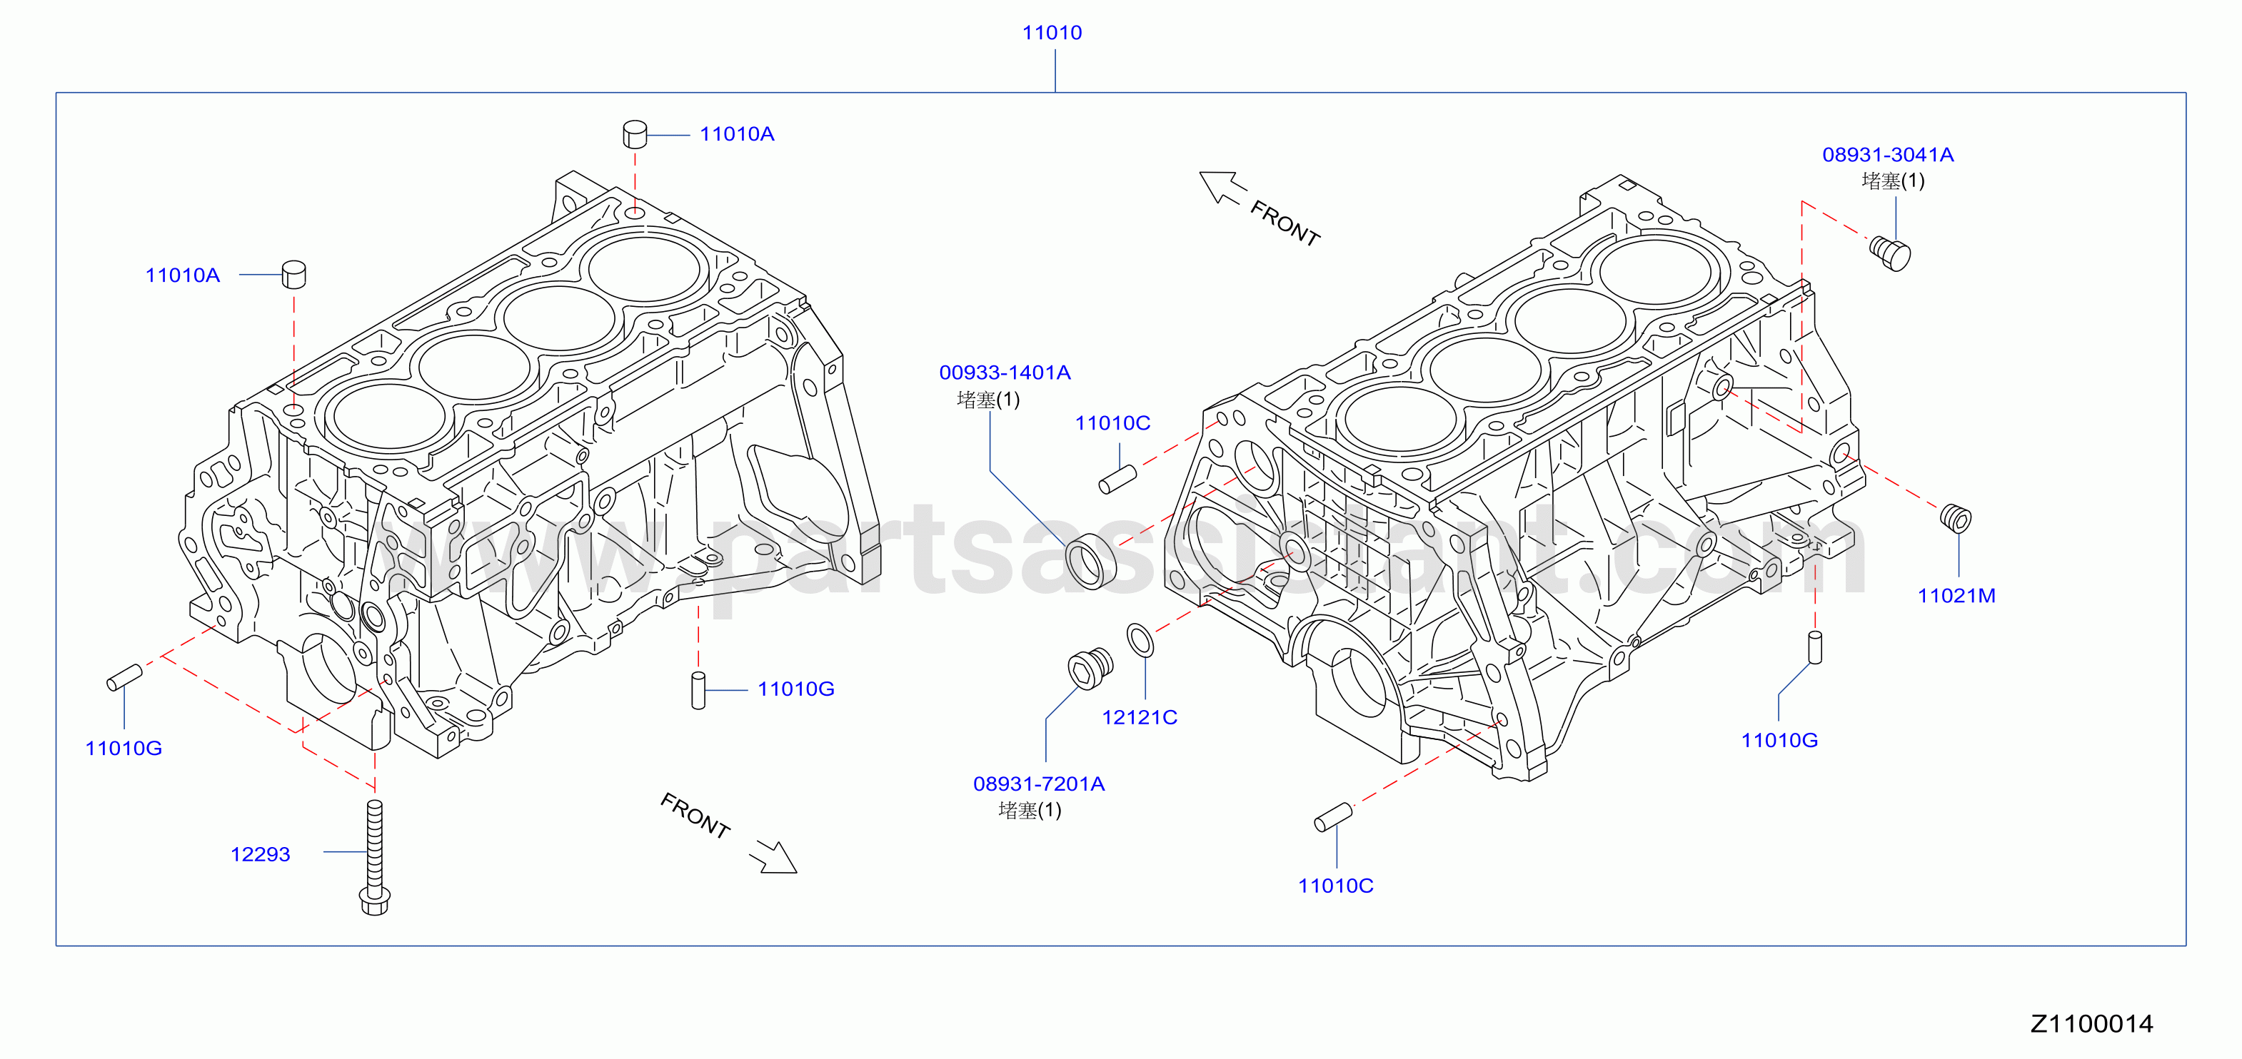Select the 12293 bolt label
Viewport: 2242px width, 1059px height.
(x=260, y=854)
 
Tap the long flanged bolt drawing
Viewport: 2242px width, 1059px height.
(x=374, y=857)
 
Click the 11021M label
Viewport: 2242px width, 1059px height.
(x=1956, y=596)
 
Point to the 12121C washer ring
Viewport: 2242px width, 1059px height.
(x=1140, y=639)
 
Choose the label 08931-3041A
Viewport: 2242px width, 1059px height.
(x=1888, y=155)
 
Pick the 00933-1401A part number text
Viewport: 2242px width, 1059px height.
(x=1005, y=373)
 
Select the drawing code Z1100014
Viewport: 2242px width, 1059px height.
(x=2091, y=1023)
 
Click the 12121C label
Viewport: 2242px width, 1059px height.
(x=1140, y=718)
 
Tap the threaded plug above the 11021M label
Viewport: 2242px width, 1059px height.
(x=1956, y=518)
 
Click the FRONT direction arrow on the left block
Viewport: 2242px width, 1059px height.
(x=773, y=856)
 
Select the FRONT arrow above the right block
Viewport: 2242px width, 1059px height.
(x=1223, y=187)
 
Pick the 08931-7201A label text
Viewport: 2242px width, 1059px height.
(x=1038, y=784)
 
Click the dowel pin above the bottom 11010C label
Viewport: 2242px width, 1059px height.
(x=1333, y=817)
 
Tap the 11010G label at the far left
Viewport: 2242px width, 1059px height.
(x=124, y=749)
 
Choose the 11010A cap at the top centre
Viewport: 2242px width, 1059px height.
(x=635, y=135)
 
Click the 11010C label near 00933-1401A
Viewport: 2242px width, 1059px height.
(x=1112, y=424)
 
